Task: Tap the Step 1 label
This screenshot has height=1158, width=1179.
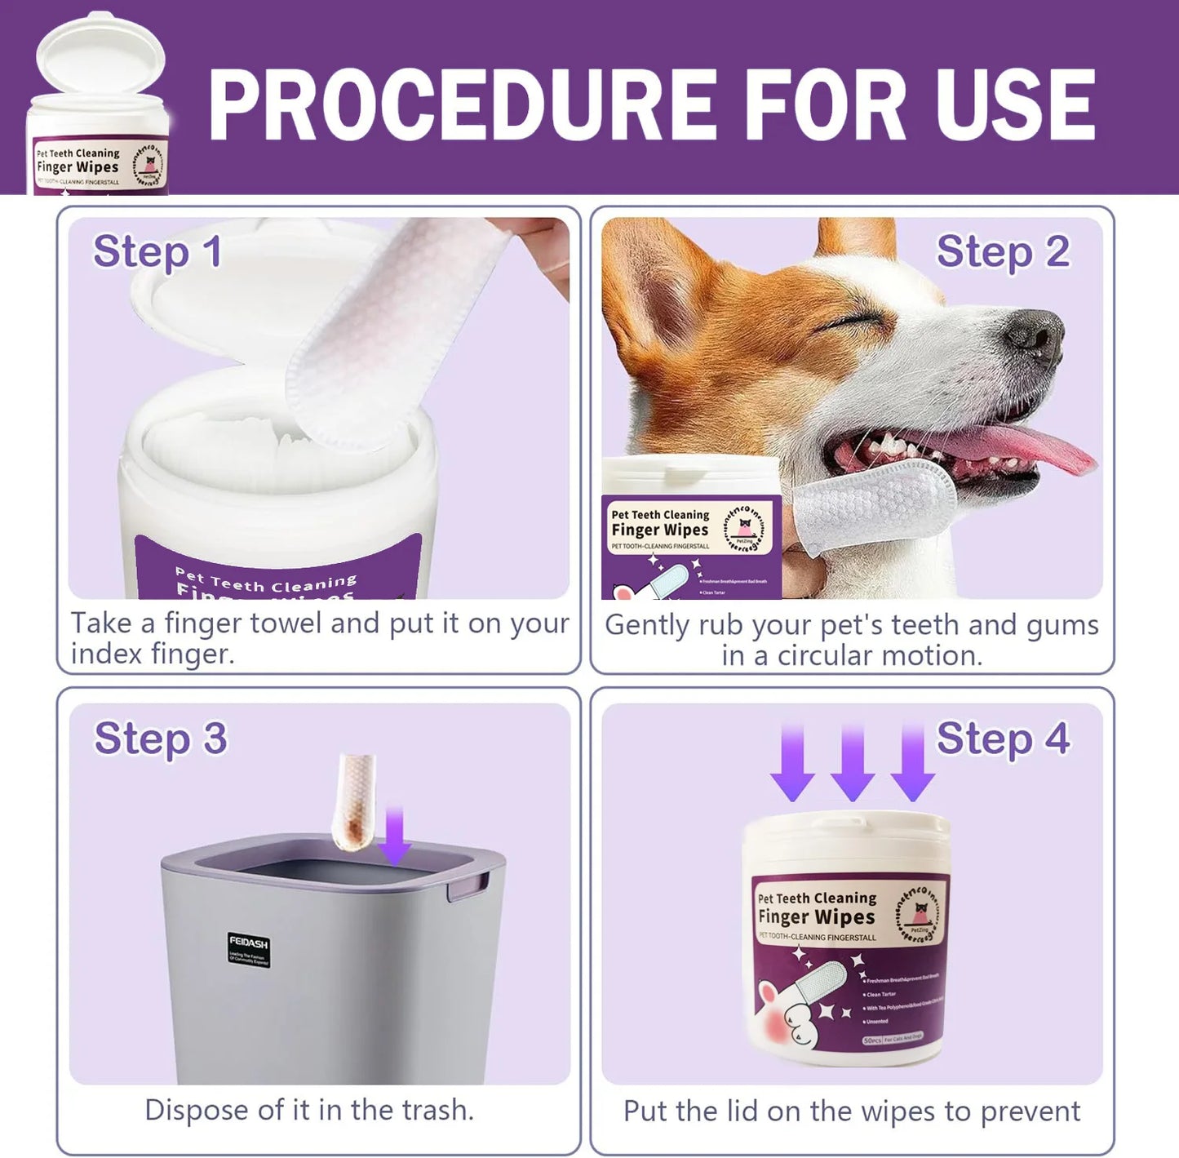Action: coord(157,251)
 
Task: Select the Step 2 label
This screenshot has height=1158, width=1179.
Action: coord(1003,251)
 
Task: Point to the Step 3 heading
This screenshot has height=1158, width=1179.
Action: coord(161,739)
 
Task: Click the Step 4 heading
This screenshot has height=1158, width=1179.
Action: coord(1003,739)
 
